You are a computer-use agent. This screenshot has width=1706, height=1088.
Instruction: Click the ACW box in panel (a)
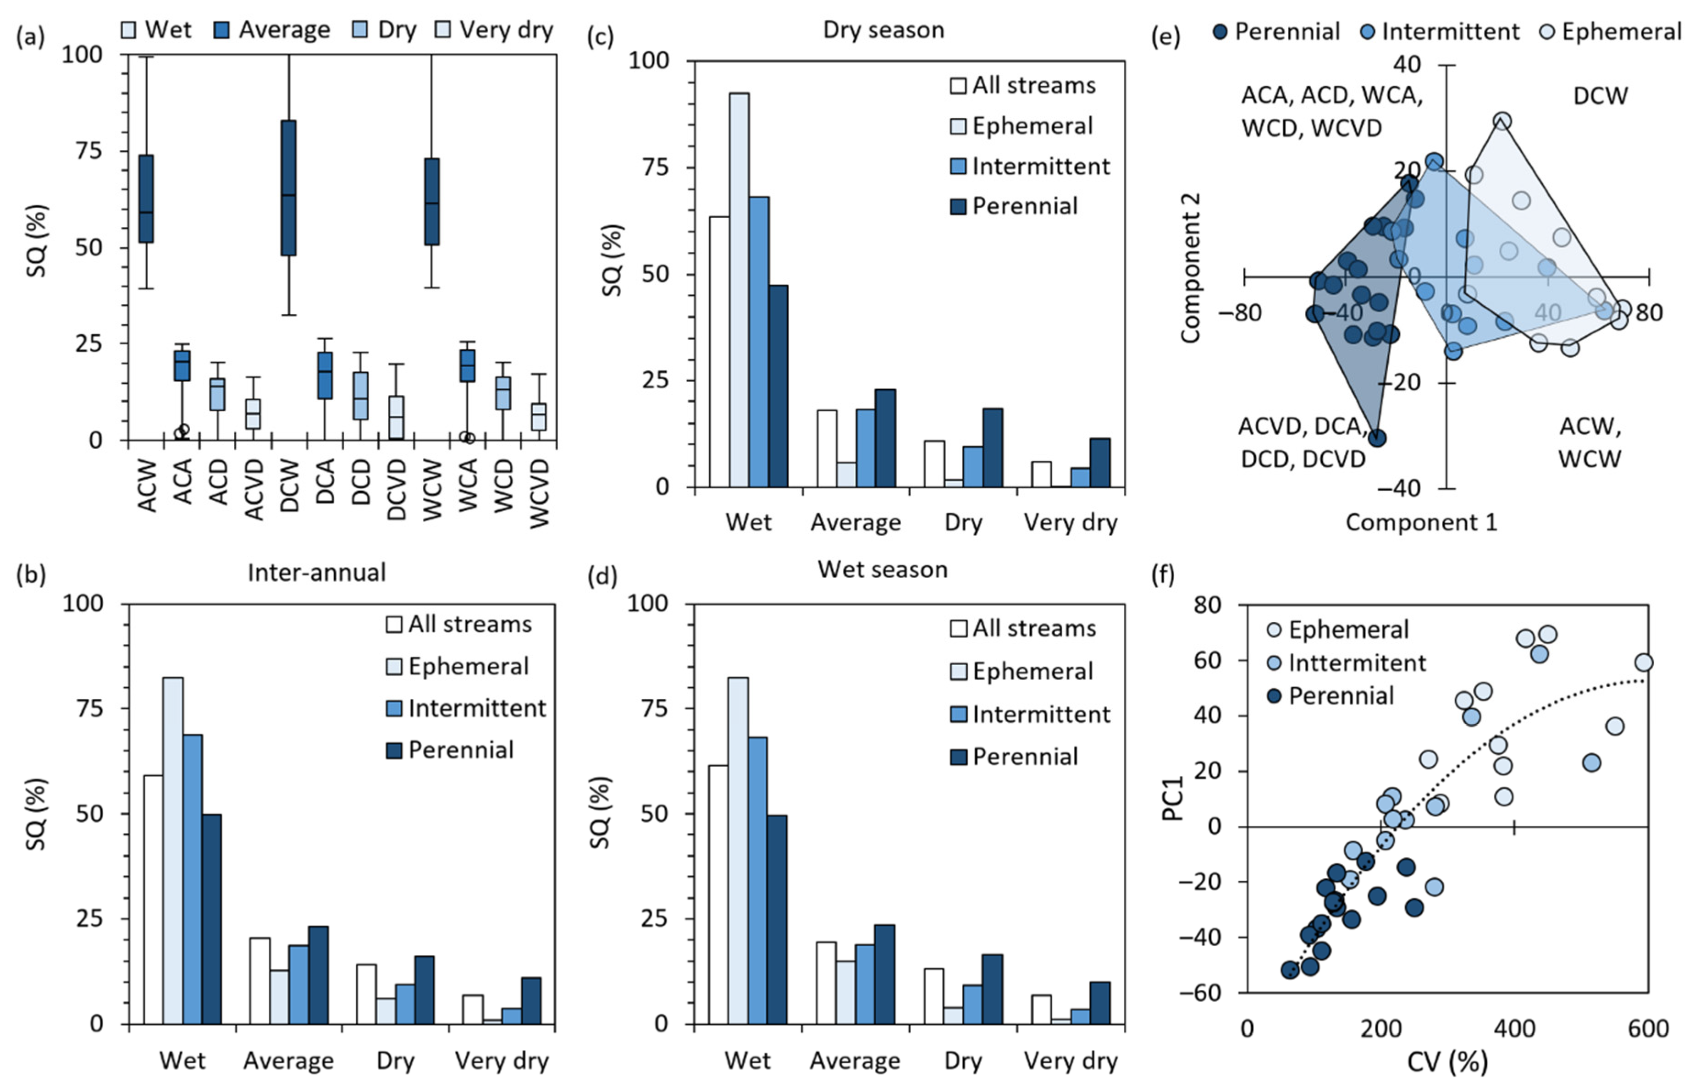point(146,199)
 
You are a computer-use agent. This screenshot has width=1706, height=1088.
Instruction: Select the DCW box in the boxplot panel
point(288,188)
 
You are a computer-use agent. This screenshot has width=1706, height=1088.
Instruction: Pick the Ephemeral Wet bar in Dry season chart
point(739,290)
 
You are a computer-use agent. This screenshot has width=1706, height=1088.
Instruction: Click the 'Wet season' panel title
point(882,569)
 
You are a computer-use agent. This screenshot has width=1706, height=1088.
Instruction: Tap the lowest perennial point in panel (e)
point(1376,438)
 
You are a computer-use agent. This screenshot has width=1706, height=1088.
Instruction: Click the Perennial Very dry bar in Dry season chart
point(1099,463)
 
